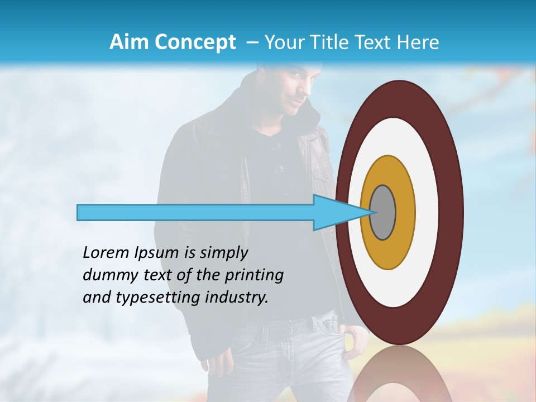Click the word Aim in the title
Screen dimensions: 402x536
(x=129, y=42)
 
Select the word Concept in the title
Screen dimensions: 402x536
(x=195, y=42)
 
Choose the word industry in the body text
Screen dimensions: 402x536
(x=234, y=298)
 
